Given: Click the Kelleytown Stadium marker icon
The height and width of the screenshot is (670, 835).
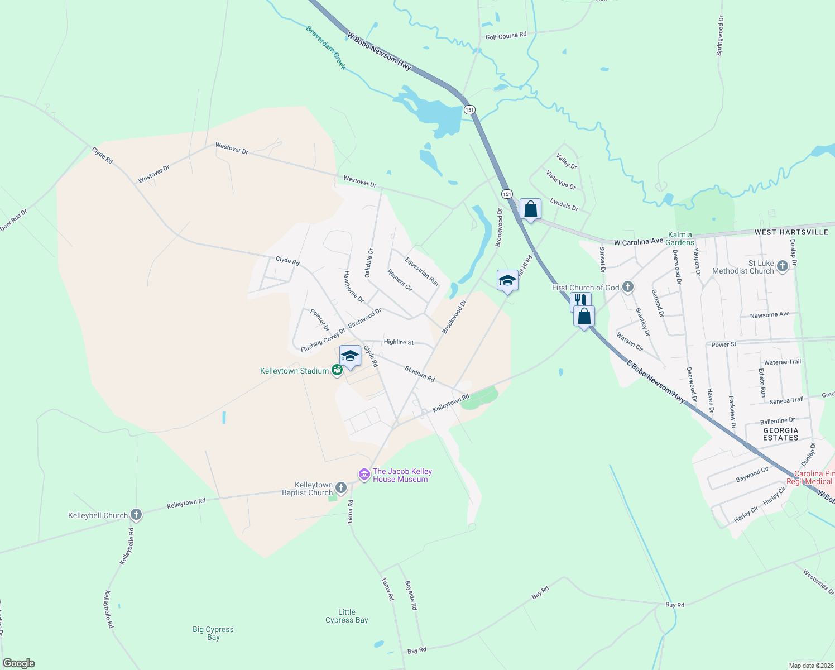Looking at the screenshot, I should tap(337, 370).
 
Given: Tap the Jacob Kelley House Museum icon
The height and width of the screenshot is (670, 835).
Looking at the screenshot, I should tap(364, 475).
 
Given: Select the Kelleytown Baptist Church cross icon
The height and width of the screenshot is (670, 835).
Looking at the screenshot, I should tap(341, 489).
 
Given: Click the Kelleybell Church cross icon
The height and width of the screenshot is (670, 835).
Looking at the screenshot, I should tap(136, 515).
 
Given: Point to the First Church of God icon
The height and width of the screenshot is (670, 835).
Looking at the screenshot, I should tap(628, 288).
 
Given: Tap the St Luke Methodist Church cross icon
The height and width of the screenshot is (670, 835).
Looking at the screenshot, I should tap(782, 266).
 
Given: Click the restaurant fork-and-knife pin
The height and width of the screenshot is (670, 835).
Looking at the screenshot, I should tap(580, 301).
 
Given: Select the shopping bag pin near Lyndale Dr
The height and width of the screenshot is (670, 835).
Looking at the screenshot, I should tap(530, 209).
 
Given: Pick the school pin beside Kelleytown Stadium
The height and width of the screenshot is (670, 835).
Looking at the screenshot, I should tap(350, 356).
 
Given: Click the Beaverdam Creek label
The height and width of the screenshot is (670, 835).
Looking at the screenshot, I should tap(326, 47).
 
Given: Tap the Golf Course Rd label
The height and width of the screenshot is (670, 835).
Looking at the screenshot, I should tap(506, 36).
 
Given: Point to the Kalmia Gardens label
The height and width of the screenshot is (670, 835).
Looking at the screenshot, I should tap(680, 238).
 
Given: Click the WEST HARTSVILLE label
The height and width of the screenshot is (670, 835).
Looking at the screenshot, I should tap(791, 232).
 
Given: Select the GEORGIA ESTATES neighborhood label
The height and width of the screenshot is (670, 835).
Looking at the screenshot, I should tap(780, 434).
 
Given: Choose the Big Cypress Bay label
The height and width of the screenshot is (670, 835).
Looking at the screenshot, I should tap(213, 633).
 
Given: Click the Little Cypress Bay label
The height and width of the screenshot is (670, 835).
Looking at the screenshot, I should tap(347, 616).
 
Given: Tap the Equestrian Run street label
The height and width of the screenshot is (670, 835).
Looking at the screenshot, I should tap(421, 271).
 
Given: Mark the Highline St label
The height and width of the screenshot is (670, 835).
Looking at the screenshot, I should tap(399, 342).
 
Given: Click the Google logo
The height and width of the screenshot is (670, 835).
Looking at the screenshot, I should tap(18, 663).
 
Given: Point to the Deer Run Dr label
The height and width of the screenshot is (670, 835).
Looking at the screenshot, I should tap(13, 220).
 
